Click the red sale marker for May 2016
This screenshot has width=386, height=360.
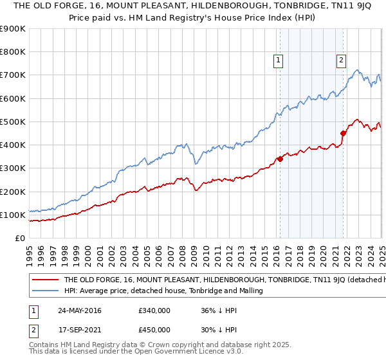coord(280,159)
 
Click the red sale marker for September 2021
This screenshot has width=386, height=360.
coord(343,134)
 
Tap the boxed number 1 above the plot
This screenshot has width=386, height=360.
coord(278,61)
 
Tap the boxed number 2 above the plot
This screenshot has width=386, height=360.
coord(340,61)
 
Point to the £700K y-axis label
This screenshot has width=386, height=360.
coord(12,75)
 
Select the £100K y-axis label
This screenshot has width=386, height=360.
coord(12,215)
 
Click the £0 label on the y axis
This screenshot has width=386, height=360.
coord(21,239)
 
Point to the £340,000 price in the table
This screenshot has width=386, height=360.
coord(154,310)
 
